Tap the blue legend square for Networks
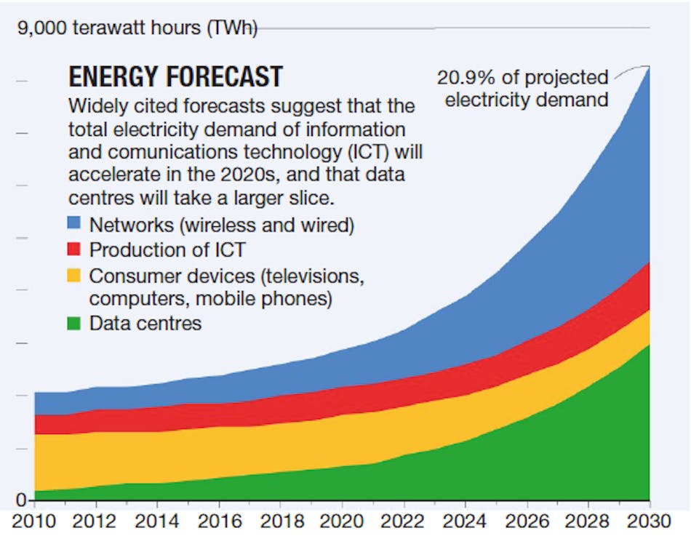click(x=75, y=225)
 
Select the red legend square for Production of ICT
click(x=75, y=250)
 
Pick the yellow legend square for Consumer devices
click(x=75, y=276)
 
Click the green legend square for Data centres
click(x=75, y=323)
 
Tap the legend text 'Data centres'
click(x=145, y=323)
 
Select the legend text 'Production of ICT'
click(x=167, y=250)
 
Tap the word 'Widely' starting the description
click(x=93, y=106)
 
